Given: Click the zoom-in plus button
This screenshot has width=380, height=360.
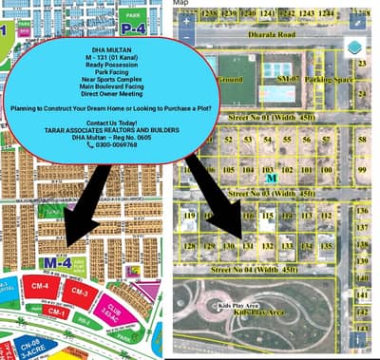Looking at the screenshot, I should [x=187, y=20].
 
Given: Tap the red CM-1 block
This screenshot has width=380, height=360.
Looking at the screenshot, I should [x=57, y=312].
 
